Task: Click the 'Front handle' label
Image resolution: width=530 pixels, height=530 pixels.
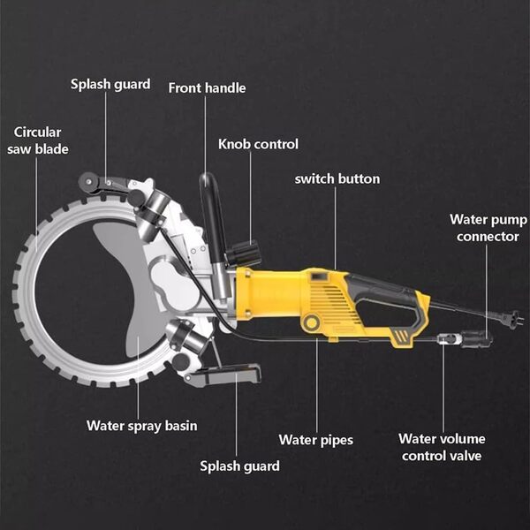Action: pos(207,87)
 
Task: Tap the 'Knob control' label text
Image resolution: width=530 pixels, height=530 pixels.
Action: pos(258,144)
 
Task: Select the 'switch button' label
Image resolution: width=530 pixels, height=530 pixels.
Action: pos(337,178)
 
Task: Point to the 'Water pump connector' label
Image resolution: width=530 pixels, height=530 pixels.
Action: pos(488,228)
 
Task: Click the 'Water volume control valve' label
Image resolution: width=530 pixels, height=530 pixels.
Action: pos(442,447)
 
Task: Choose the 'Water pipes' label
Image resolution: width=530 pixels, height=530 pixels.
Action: pos(316,440)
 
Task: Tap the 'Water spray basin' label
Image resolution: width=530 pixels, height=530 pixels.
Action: pos(142,426)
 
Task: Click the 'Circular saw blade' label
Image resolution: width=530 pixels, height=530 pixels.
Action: pos(38,140)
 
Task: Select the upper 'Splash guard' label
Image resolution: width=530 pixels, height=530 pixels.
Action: pos(110,84)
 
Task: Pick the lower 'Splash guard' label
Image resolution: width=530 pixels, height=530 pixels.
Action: pos(239,466)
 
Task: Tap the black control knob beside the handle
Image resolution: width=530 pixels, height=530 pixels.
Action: pos(244,254)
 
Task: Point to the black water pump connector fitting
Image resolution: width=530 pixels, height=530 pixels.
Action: pos(477,338)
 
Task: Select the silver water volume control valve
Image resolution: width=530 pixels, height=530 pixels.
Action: pos(449,338)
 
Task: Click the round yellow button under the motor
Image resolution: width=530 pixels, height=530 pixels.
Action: pos(312,322)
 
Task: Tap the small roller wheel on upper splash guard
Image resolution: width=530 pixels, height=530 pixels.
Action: pos(88,183)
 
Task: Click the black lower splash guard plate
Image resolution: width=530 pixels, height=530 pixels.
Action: pos(224,374)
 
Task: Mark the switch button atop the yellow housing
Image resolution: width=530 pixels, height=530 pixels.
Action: pos(319,276)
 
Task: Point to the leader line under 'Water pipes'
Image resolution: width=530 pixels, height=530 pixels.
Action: pos(317,385)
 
